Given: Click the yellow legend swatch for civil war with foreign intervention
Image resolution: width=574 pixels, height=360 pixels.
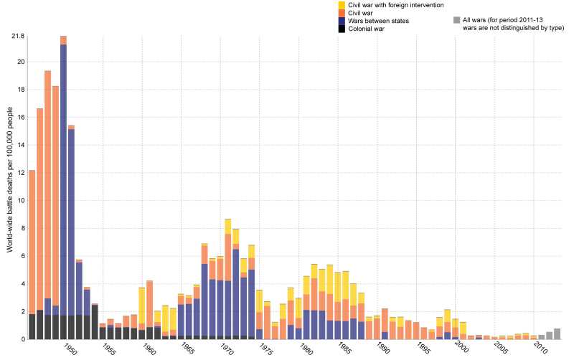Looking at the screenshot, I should [x=342, y=4].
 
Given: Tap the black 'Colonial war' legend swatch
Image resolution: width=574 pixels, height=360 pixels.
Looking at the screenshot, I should [x=342, y=29].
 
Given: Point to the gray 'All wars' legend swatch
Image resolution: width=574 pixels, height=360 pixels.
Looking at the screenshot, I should [x=456, y=20].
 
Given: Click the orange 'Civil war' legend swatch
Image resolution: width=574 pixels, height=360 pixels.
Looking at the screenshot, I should [x=342, y=12].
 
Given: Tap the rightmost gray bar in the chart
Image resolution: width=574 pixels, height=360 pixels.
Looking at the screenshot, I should [x=557, y=333].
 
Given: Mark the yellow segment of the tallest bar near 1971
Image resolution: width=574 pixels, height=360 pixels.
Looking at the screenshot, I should [x=227, y=226].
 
